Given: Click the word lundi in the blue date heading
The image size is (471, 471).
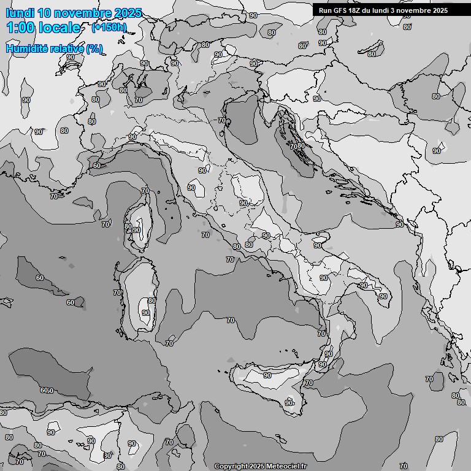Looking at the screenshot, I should [20, 13].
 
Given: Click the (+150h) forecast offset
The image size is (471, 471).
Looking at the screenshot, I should [109, 27].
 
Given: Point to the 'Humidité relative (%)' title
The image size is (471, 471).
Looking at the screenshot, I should [55, 48].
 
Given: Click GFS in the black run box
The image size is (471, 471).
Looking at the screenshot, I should [338, 10].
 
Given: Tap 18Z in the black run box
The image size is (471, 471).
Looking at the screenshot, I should [354, 10].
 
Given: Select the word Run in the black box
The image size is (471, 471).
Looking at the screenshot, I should [325, 10].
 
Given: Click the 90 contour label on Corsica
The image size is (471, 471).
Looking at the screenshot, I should [136, 231].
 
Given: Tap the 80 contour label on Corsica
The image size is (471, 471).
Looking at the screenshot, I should [128, 226].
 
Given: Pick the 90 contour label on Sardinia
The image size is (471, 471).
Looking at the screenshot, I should [145, 313].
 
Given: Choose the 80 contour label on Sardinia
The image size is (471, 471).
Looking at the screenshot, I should [151, 301].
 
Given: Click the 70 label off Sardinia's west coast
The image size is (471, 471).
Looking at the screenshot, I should [117, 293].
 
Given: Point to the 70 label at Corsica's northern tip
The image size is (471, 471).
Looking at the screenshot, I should [145, 191].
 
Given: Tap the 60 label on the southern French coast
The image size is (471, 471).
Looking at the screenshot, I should [96, 166].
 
